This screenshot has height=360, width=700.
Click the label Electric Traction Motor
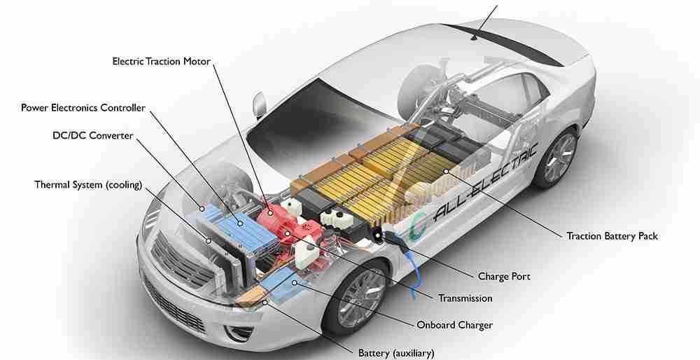point(161,61)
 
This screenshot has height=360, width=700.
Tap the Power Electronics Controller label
point(83,108)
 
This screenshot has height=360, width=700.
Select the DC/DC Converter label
point(93,135)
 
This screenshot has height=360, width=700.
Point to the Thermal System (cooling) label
point(88,184)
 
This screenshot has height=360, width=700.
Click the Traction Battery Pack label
point(612,236)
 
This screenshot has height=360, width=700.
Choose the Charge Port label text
point(504,277)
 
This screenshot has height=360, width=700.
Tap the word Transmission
point(465,298)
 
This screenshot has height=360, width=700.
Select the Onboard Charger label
point(454,325)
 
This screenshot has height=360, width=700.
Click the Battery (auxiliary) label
point(396,353)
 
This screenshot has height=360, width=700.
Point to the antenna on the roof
point(474,37)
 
